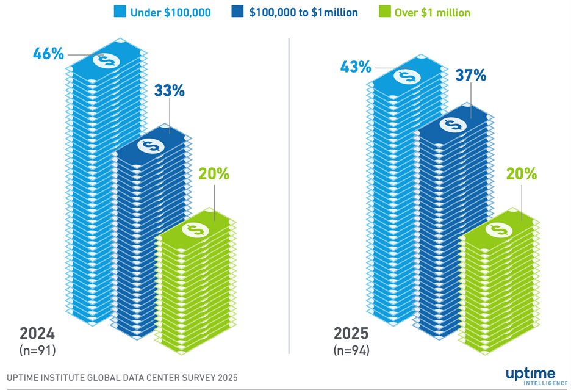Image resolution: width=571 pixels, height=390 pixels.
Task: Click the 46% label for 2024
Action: tap(48, 53)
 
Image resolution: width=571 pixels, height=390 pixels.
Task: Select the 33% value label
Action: tap(169, 91)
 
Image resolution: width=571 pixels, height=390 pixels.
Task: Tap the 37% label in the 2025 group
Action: tap(470, 75)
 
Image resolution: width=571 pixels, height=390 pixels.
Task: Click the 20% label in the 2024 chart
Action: tap(214, 173)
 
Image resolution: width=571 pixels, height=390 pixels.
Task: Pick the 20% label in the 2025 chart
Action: tap(522, 173)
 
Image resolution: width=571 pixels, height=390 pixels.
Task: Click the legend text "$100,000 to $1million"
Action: tap(303, 12)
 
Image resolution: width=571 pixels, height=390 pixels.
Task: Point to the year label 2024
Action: tap(37, 334)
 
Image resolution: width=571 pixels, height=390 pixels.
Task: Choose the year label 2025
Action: tap(351, 334)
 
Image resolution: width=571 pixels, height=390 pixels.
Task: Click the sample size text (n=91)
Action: tap(38, 350)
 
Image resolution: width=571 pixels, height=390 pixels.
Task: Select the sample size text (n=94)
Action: tap(352, 350)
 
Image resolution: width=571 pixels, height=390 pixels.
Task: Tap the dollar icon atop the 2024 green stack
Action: tap(195, 229)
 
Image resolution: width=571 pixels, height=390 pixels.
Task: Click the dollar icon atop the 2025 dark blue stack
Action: tap(453, 125)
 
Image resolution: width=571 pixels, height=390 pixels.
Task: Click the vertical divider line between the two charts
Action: tap(289, 195)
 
